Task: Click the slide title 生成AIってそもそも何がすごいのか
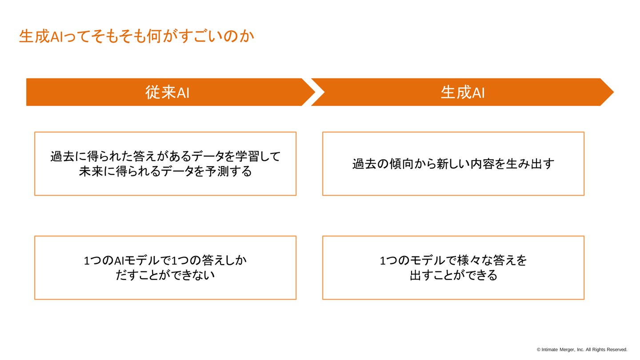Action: (x=136, y=36)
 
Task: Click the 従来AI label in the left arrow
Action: (x=168, y=92)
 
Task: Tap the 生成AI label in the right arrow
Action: (x=463, y=92)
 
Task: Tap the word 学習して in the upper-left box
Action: (x=257, y=156)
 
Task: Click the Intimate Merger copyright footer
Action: (x=582, y=349)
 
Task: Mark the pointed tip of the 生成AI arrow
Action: (x=614, y=92)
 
